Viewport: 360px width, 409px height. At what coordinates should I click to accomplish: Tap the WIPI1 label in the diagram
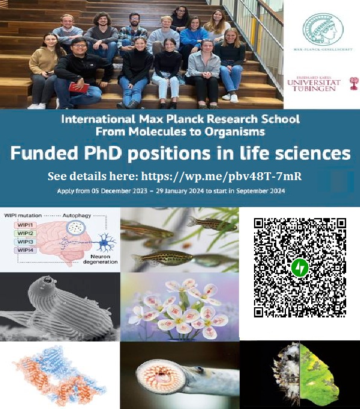point(26,225)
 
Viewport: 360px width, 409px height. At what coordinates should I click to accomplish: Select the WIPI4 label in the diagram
point(26,250)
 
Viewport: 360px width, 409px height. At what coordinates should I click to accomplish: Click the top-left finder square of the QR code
point(259,223)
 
